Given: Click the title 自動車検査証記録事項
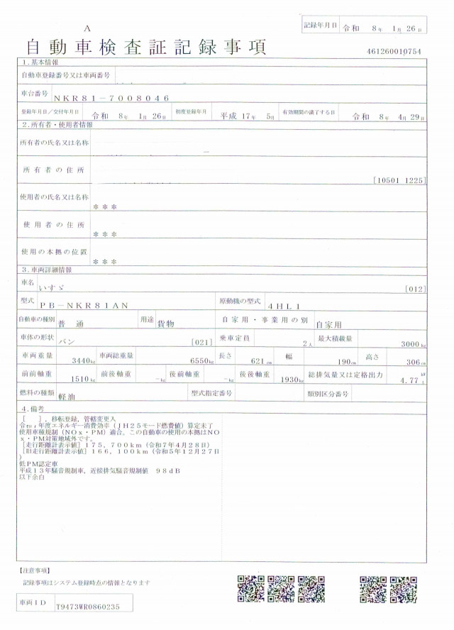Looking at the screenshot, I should pos(146,48).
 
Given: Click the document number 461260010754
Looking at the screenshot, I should pos(394,52).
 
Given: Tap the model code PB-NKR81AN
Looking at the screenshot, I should pos(94,305).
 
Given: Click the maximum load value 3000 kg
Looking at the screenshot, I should pos(411,343).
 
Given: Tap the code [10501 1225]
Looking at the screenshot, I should pos(399,180).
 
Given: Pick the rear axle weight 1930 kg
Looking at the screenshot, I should pos(290,380).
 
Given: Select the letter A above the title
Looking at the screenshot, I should pos(87,28).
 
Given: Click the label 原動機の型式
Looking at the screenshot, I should pos(239,302).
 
